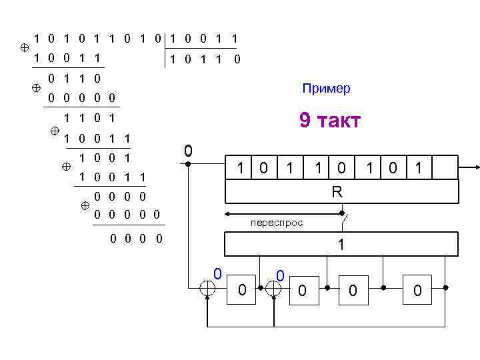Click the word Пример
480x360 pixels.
point(326,89)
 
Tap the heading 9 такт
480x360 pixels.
point(330,121)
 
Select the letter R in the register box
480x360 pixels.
point(338,191)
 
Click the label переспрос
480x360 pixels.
point(277,223)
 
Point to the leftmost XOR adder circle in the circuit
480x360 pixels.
point(209,289)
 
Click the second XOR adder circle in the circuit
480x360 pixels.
point(274,289)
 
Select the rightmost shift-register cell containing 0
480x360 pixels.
point(417,289)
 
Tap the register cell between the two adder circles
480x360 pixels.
point(241,289)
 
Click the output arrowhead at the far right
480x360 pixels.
point(474,167)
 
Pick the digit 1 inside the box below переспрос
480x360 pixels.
point(341,245)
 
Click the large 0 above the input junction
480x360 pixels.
point(189,151)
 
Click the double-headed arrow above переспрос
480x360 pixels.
point(283,213)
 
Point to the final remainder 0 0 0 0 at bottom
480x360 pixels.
point(136,238)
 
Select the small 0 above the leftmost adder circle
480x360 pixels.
point(217,273)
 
